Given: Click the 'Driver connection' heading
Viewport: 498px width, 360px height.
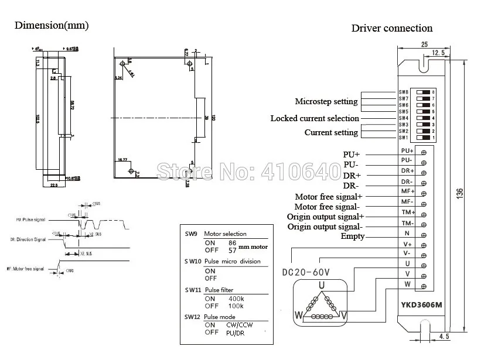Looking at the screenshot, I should (391, 28).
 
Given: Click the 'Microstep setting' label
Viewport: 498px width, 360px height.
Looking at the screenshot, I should (326, 102).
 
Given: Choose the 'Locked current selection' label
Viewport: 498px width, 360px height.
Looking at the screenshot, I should (315, 118).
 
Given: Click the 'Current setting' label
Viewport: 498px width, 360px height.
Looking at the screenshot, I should (331, 132).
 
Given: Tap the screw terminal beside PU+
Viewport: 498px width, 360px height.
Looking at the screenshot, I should (423, 152).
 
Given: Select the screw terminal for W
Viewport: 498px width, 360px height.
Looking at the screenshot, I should (423, 284).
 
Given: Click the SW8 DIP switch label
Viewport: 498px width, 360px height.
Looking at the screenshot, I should (403, 92).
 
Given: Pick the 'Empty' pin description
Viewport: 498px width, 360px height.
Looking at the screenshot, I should (352, 236).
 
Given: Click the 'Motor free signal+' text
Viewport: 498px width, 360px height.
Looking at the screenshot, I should (328, 197).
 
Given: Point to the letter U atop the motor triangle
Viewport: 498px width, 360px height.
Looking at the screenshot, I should (321, 285).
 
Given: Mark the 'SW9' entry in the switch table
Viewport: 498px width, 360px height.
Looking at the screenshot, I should (191, 234).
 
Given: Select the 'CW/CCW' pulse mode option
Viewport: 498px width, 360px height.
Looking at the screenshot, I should (240, 325).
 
